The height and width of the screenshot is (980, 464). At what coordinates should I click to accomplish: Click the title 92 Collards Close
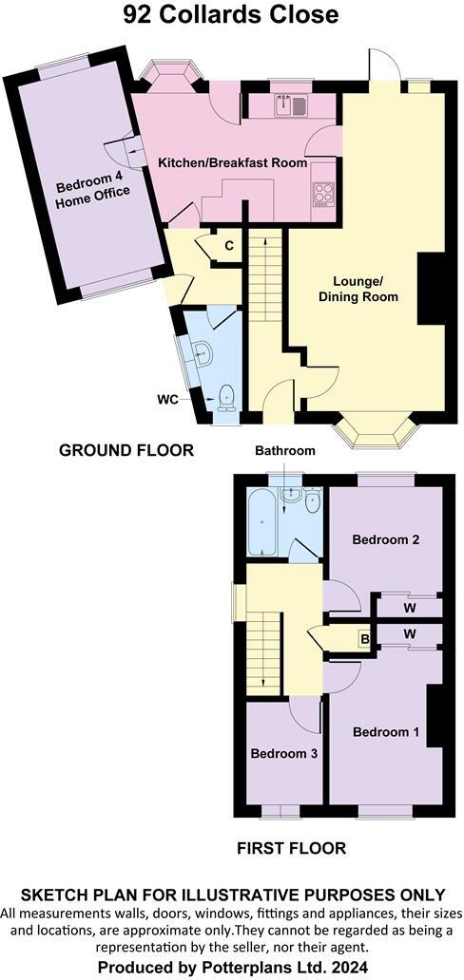231,16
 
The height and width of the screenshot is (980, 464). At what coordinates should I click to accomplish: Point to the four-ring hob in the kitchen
323,194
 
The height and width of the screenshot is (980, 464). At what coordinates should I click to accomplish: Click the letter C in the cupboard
229,245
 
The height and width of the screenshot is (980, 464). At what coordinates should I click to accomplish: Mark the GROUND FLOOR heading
126,450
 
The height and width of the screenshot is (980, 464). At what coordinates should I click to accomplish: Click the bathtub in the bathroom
261,522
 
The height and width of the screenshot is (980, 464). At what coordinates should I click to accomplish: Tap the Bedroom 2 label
385,539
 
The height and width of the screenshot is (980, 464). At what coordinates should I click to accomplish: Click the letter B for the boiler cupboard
363,639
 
